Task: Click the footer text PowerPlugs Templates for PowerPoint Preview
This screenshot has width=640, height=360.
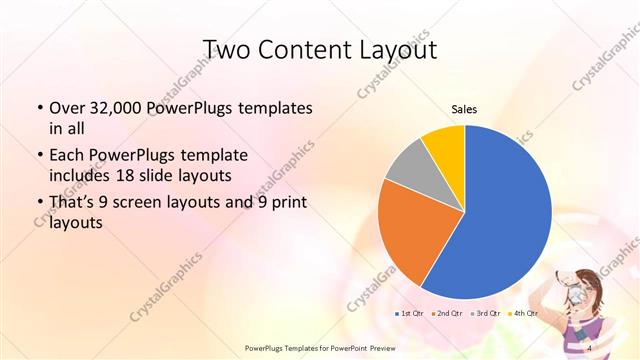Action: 315,347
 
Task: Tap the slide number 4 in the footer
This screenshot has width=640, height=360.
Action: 591,347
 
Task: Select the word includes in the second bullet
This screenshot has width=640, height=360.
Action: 78,175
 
